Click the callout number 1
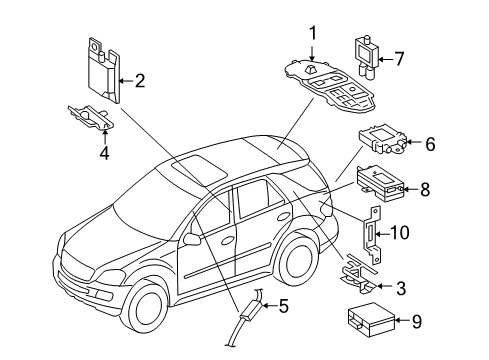pyautogui.click(x=313, y=33)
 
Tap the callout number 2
pyautogui.click(x=140, y=81)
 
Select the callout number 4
pyautogui.click(x=105, y=153)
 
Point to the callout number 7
pyautogui.click(x=399, y=59)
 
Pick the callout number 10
pyautogui.click(x=399, y=232)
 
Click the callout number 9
pyautogui.click(x=417, y=321)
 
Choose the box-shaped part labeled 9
pyautogui.click(x=371, y=320)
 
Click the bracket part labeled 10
pyautogui.click(x=372, y=235)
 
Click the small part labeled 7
pyautogui.click(x=366, y=58)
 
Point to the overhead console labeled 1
pyautogui.click(x=330, y=86)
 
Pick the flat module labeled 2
pyautogui.click(x=104, y=71)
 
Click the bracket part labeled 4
pyautogui.click(x=91, y=117)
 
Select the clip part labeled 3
pyautogui.click(x=360, y=274)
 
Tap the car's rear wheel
pyautogui.click(x=298, y=259)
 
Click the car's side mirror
pyautogui.click(x=192, y=239)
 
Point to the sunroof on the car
pyautogui.click(x=199, y=170)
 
